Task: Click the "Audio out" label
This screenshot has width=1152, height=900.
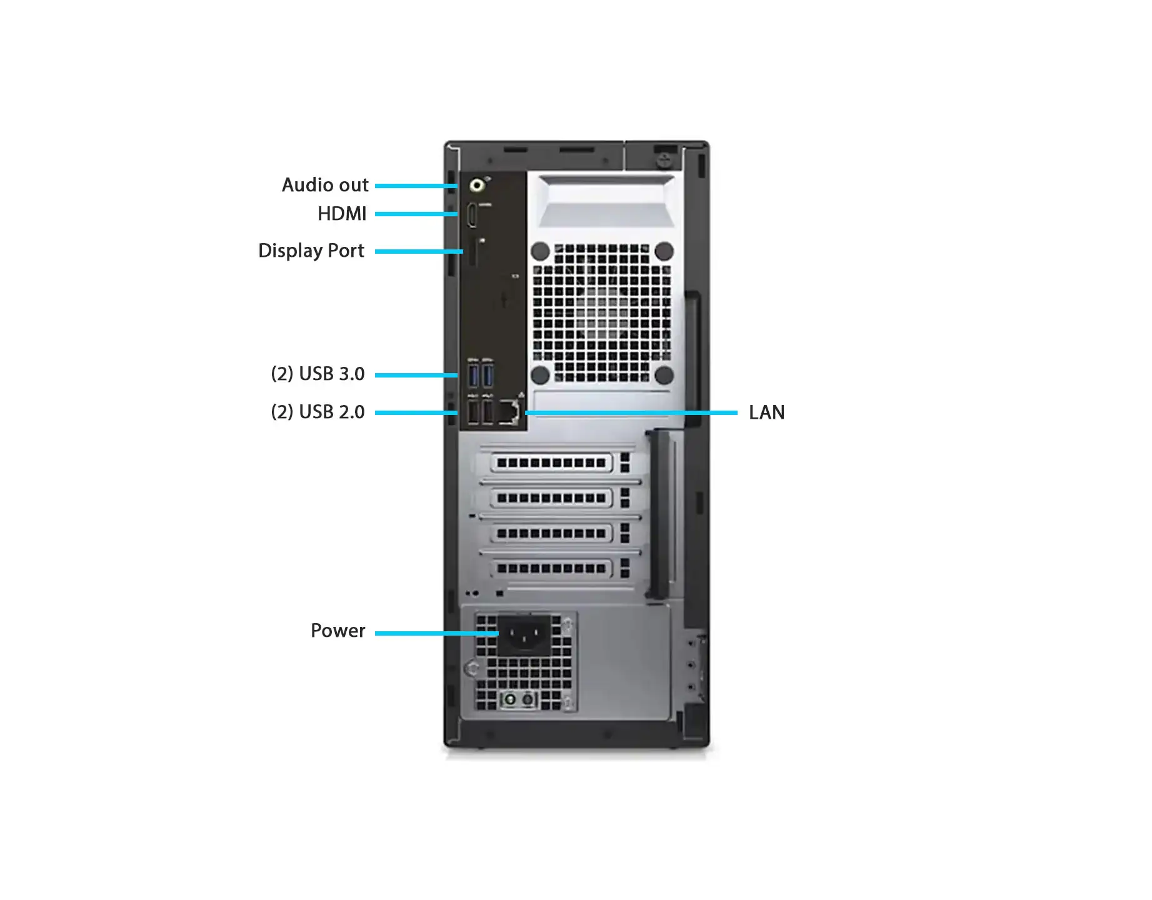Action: click(x=325, y=185)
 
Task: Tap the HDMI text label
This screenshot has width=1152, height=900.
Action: click(x=342, y=214)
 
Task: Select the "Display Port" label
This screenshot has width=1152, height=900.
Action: click(x=311, y=251)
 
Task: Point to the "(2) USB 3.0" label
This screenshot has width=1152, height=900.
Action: click(x=318, y=374)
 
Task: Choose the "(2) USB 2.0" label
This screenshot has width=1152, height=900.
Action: click(x=318, y=412)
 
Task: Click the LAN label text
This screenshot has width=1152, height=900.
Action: click(x=767, y=412)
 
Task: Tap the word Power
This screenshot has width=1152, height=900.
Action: click(x=338, y=631)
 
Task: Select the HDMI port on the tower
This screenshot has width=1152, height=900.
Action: click(x=473, y=216)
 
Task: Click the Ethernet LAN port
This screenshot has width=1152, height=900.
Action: click(x=509, y=412)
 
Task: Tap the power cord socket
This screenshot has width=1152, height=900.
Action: click(x=524, y=635)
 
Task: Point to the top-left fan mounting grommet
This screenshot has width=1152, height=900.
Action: click(x=540, y=252)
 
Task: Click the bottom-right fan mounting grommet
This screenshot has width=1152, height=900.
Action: click(x=664, y=375)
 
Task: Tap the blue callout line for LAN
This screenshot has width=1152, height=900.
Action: click(x=631, y=412)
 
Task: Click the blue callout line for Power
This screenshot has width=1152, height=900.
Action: click(x=437, y=633)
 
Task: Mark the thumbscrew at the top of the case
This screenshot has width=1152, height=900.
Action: click(x=664, y=159)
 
